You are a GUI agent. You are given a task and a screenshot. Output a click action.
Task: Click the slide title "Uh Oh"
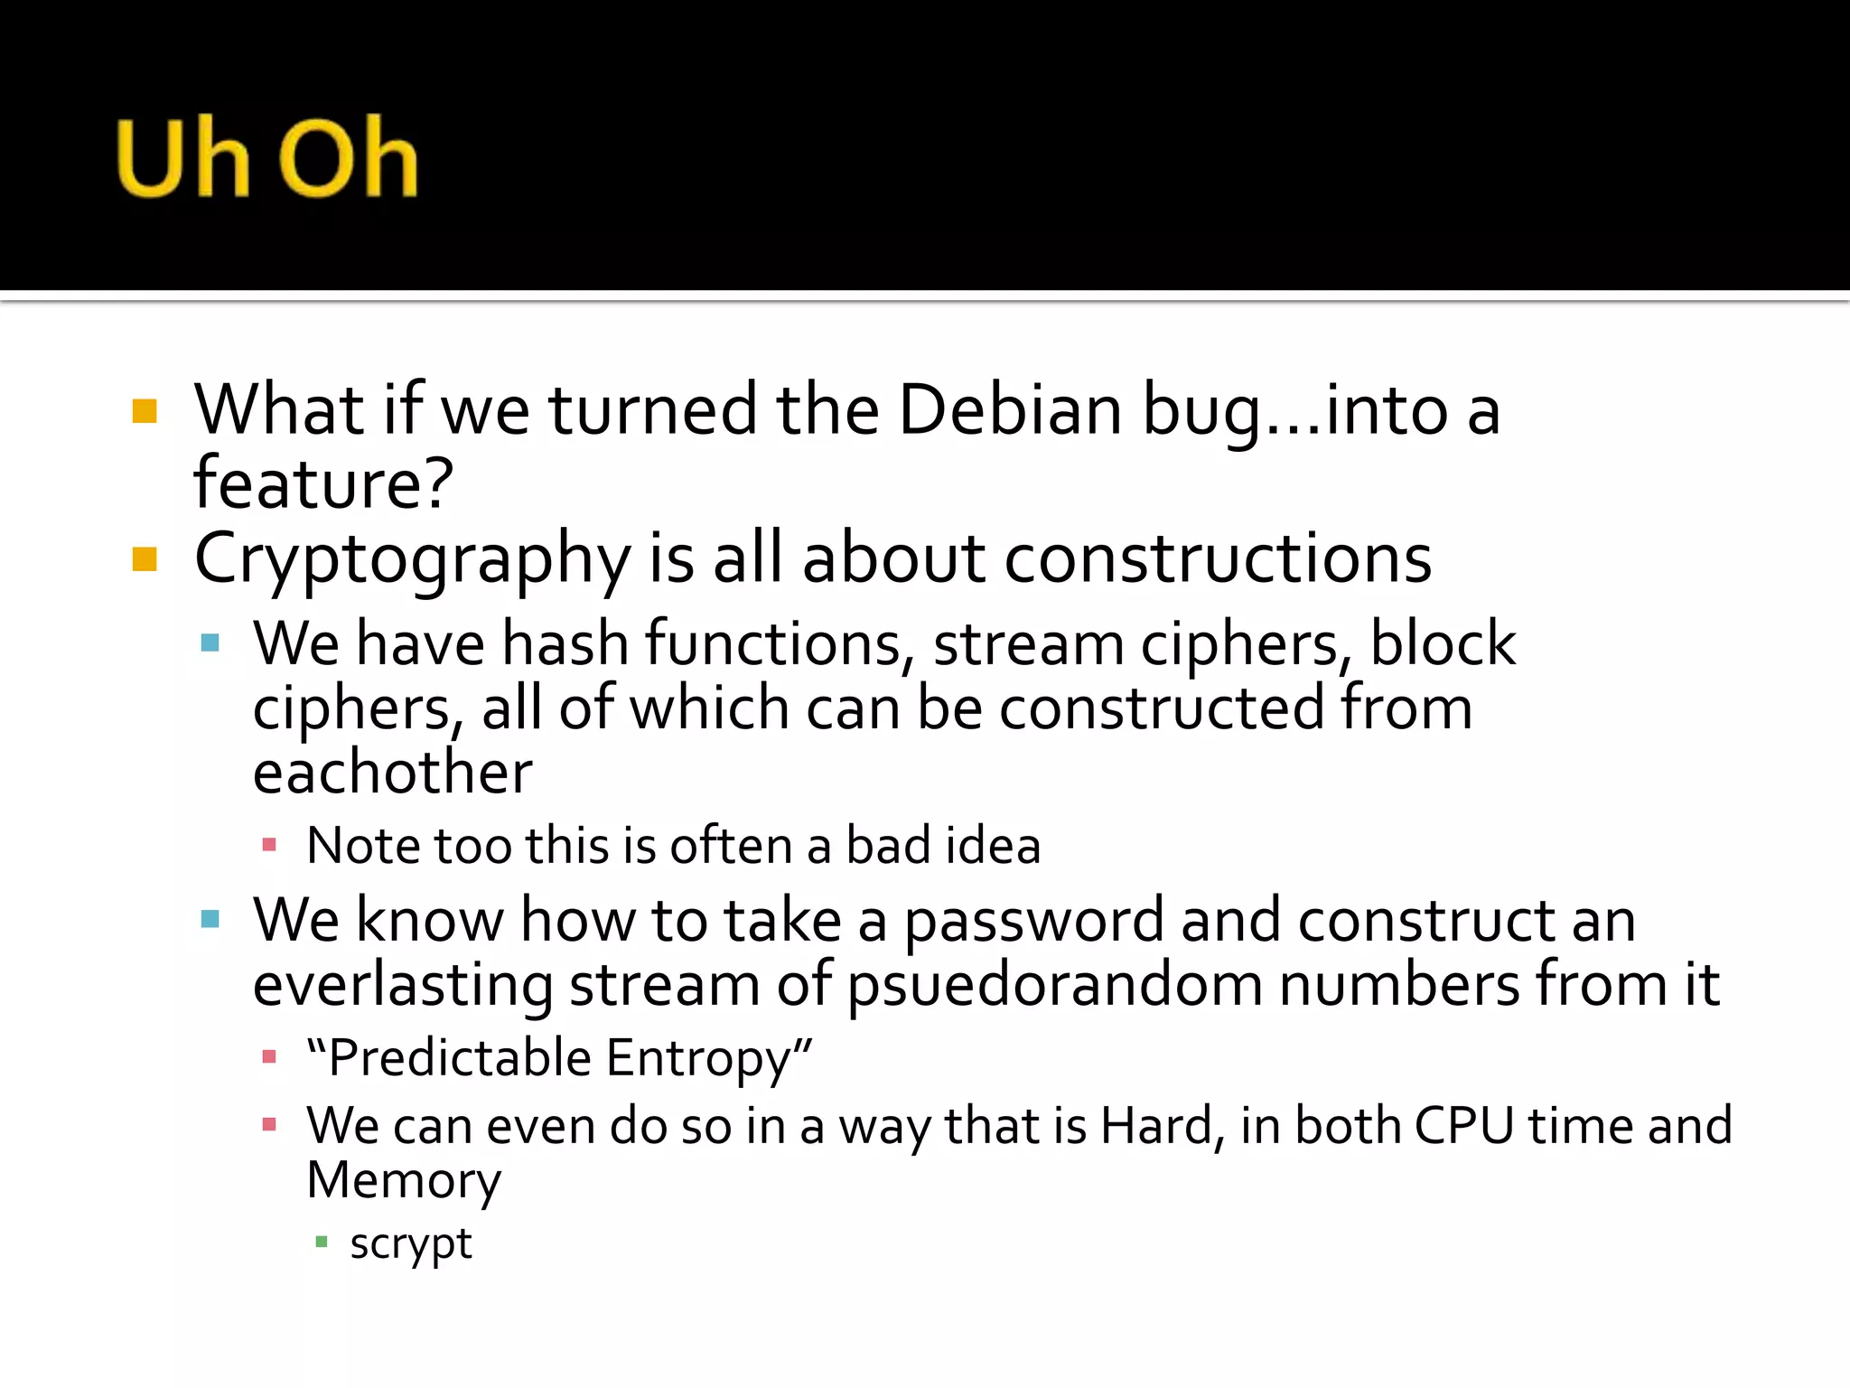(267, 157)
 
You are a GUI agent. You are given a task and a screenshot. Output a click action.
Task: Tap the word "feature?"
(322, 484)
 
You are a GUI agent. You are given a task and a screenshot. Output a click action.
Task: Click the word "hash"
(565, 644)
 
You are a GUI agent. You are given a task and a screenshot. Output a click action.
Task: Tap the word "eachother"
(392, 774)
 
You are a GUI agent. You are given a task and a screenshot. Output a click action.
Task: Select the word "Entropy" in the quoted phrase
(708, 1058)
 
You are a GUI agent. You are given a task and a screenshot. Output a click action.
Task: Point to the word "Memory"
(404, 1180)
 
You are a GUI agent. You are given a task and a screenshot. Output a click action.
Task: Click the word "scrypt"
(410, 1245)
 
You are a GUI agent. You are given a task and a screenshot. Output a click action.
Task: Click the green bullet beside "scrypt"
(321, 1243)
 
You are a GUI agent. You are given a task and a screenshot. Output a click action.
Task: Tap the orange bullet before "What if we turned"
(145, 412)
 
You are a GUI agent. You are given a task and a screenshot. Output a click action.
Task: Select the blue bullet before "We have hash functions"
(210, 643)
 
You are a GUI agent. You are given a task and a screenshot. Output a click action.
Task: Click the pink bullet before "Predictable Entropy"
(268, 1056)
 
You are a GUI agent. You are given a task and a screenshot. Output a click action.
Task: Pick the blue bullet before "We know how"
(210, 920)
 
